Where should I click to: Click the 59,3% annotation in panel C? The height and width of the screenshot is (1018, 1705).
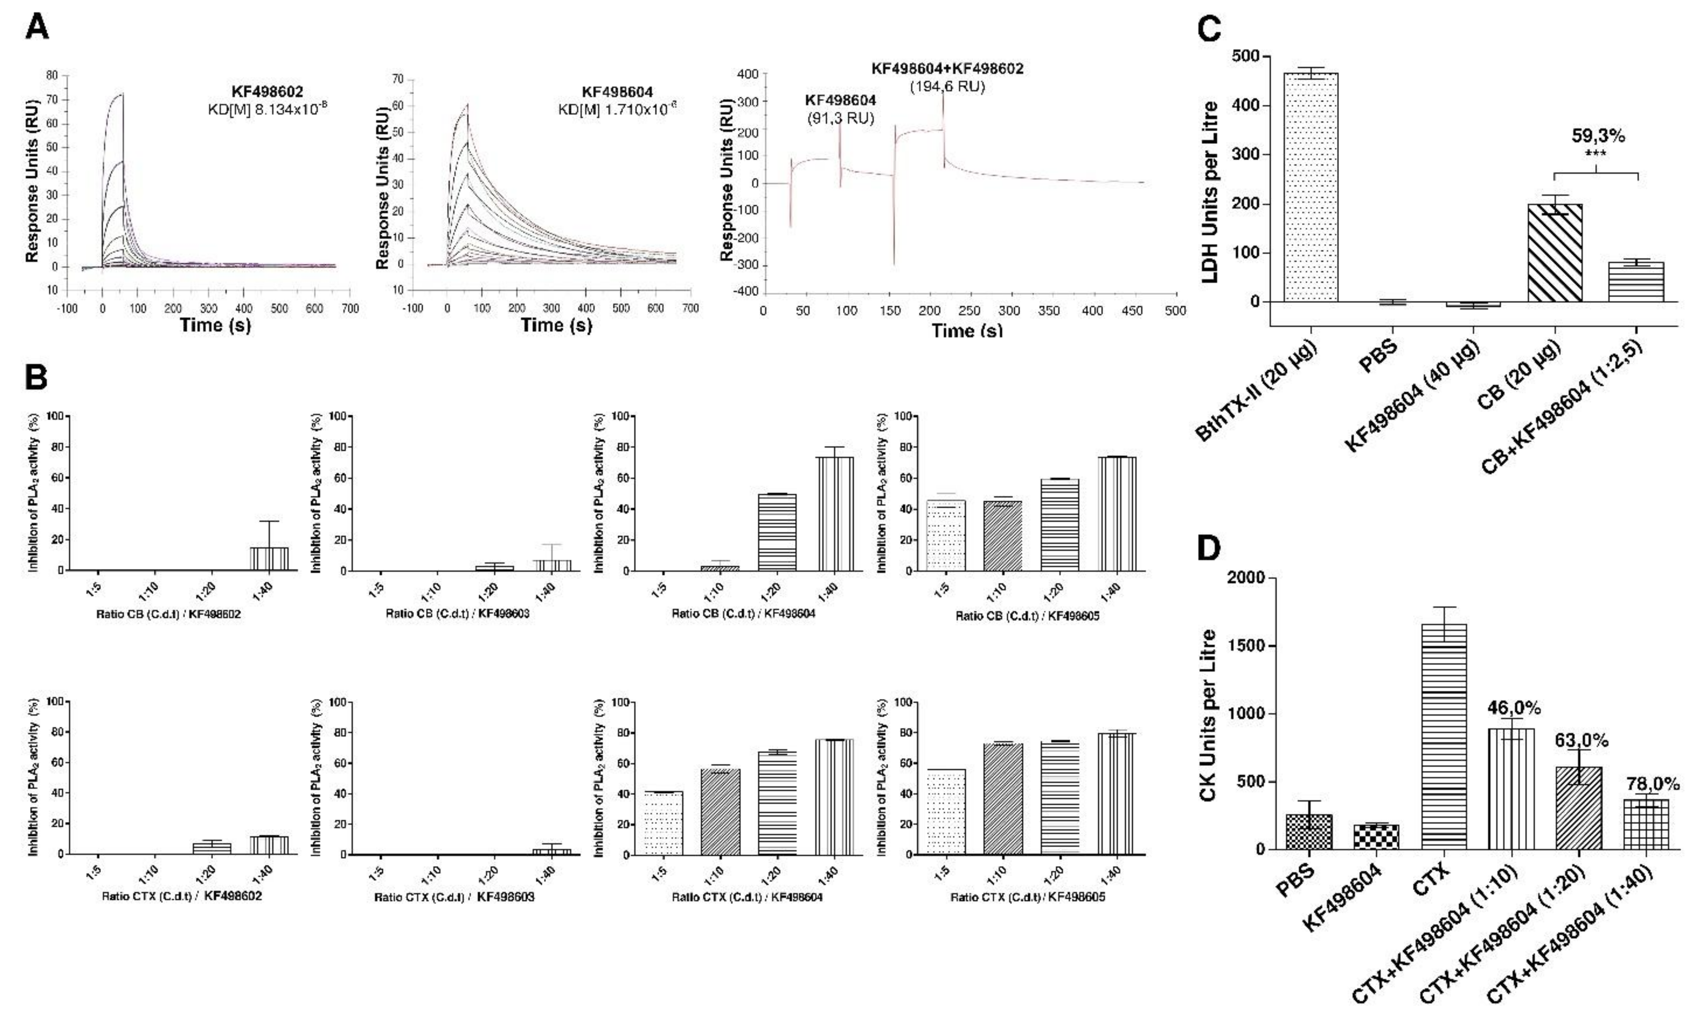pos(1598,136)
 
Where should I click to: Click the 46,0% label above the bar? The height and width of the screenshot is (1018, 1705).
pos(1513,707)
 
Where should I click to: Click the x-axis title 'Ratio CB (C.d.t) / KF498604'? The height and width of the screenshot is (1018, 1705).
pos(743,614)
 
